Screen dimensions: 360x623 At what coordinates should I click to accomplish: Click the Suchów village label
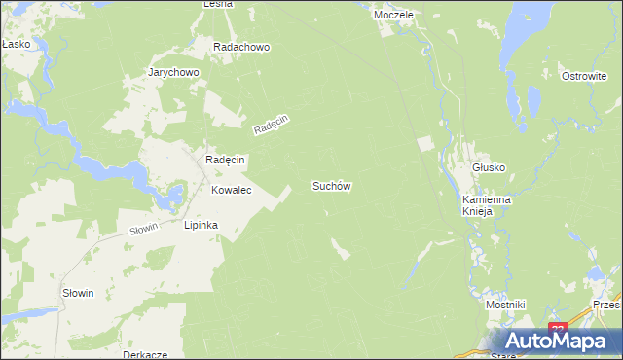pyautogui.click(x=331, y=185)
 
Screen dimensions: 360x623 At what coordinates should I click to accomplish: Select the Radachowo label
pyautogui.click(x=241, y=47)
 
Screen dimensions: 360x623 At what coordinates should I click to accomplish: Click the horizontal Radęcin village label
pyautogui.click(x=225, y=160)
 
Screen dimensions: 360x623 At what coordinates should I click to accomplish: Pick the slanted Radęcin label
pyautogui.click(x=272, y=125)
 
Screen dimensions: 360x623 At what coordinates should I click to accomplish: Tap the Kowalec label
pyautogui.click(x=232, y=191)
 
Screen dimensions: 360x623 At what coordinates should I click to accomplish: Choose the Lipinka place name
pyautogui.click(x=202, y=225)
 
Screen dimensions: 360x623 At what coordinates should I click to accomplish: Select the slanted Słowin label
pyautogui.click(x=143, y=230)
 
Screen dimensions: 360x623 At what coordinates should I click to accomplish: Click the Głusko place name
pyautogui.click(x=489, y=167)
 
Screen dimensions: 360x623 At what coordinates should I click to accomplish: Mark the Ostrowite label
pyautogui.click(x=584, y=75)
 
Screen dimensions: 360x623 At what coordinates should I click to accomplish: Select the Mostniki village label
pyautogui.click(x=505, y=305)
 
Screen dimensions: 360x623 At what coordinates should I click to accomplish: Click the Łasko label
pyautogui.click(x=16, y=45)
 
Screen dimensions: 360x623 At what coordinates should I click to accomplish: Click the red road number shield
pyautogui.click(x=557, y=330)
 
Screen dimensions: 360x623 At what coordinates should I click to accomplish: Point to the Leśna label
pyautogui.click(x=217, y=4)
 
